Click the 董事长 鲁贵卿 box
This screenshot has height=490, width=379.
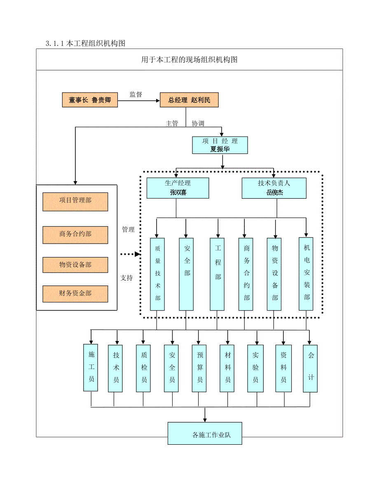click(90, 100)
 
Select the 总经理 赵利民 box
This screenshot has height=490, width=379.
click(189, 100)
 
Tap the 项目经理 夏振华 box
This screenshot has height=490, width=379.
click(220, 145)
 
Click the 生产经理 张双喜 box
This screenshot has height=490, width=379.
click(178, 188)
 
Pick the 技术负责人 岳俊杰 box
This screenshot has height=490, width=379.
click(274, 188)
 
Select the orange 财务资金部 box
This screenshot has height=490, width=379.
click(75, 293)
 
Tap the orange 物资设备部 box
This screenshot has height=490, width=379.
click(75, 265)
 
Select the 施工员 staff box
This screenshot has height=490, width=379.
click(91, 367)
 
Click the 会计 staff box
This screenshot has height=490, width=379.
click(311, 367)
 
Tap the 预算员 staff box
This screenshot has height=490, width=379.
click(199, 367)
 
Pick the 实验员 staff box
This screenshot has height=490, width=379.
click(256, 367)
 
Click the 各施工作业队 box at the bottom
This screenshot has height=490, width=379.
click(205, 433)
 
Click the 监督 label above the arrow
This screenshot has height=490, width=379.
click(136, 95)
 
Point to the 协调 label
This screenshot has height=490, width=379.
click(198, 123)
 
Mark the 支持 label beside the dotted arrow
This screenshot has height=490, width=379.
click(126, 278)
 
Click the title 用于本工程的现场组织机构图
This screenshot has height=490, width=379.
click(189, 60)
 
